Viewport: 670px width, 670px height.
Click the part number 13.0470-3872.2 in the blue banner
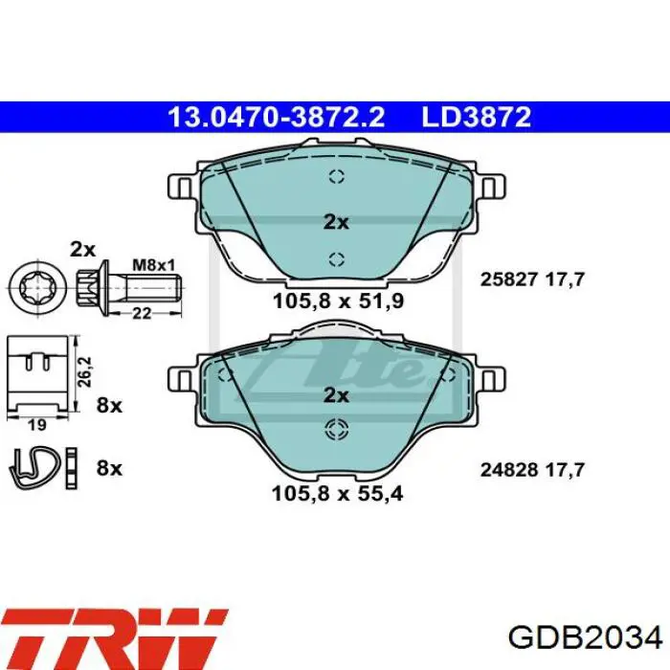tap(277, 118)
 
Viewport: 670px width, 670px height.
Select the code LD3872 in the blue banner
tap(477, 118)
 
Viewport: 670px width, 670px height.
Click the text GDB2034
tap(586, 638)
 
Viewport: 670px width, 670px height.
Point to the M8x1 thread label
tap(154, 265)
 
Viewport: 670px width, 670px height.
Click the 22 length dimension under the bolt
tap(142, 314)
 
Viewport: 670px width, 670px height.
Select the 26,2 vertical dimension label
tap(85, 371)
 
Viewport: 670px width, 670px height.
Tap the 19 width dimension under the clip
tap(36, 425)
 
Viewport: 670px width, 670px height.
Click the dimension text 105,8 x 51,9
tap(338, 301)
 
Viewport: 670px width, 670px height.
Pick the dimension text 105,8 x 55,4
tap(337, 494)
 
